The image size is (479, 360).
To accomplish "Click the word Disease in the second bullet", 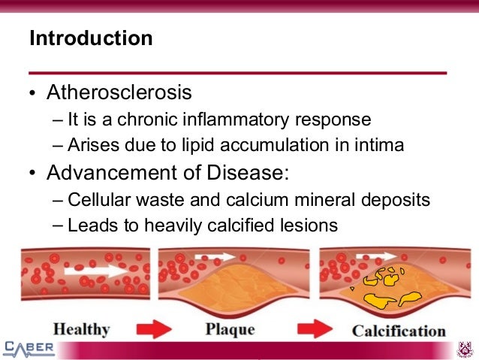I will [x=246, y=173].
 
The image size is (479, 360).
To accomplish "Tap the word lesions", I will [x=309, y=225].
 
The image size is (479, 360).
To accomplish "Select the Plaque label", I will [x=230, y=329].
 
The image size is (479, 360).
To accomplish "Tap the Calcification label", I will [x=399, y=330].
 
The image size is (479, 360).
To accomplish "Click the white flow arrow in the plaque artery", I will [x=209, y=257].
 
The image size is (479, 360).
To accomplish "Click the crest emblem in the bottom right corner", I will [x=466, y=349].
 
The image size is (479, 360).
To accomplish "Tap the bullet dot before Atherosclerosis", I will [x=32, y=95].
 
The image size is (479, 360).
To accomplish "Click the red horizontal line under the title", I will [x=239, y=73].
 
